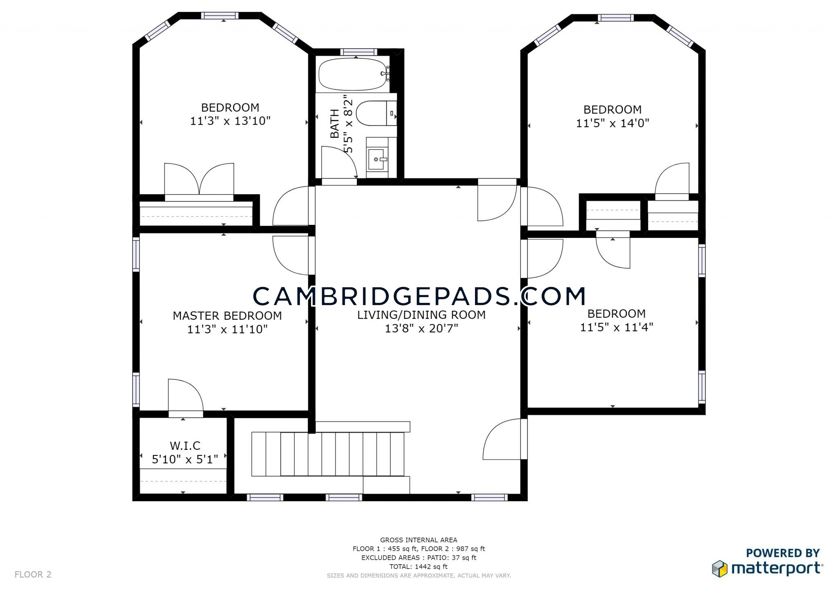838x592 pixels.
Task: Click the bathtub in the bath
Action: (352, 74)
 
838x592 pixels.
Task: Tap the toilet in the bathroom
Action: (376, 113)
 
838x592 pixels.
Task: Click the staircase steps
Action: (328, 454)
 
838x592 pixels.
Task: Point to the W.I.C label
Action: (185, 445)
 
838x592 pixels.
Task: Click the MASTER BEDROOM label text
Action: (227, 316)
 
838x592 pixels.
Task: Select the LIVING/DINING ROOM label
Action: (421, 315)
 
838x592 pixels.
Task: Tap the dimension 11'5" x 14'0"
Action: (613, 123)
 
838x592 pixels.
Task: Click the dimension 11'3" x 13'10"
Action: (230, 121)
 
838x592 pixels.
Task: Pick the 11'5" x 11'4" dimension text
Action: (617, 327)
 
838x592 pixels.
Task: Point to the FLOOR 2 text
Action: (33, 574)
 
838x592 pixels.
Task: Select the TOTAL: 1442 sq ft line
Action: (419, 567)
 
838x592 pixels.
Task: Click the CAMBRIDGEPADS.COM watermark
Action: (419, 296)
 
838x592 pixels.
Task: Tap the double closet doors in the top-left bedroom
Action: (199, 180)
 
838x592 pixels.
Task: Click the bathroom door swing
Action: (339, 163)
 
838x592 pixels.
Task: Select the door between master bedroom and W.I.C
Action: (186, 397)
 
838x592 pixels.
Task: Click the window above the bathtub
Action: (358, 52)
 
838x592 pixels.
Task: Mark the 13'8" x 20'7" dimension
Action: (421, 328)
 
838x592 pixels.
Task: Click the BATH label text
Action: (335, 123)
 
